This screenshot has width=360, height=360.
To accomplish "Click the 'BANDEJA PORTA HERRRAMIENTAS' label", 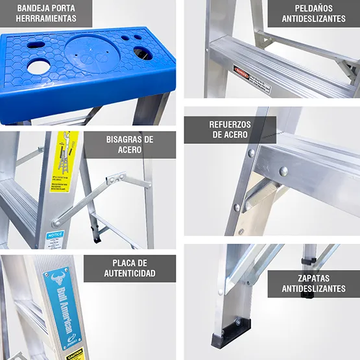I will [46, 13].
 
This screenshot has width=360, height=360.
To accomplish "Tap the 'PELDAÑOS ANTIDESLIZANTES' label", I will [314, 13].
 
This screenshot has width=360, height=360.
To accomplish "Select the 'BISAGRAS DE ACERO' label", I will [130, 145].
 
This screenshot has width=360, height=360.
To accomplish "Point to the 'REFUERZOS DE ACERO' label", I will [230, 130].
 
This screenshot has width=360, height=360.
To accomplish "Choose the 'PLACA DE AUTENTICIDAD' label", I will [130, 268].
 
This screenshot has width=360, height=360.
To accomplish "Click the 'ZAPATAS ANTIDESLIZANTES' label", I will [313, 283].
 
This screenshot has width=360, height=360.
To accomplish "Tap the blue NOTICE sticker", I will [56, 237].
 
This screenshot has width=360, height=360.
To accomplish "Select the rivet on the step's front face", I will [283, 171].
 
